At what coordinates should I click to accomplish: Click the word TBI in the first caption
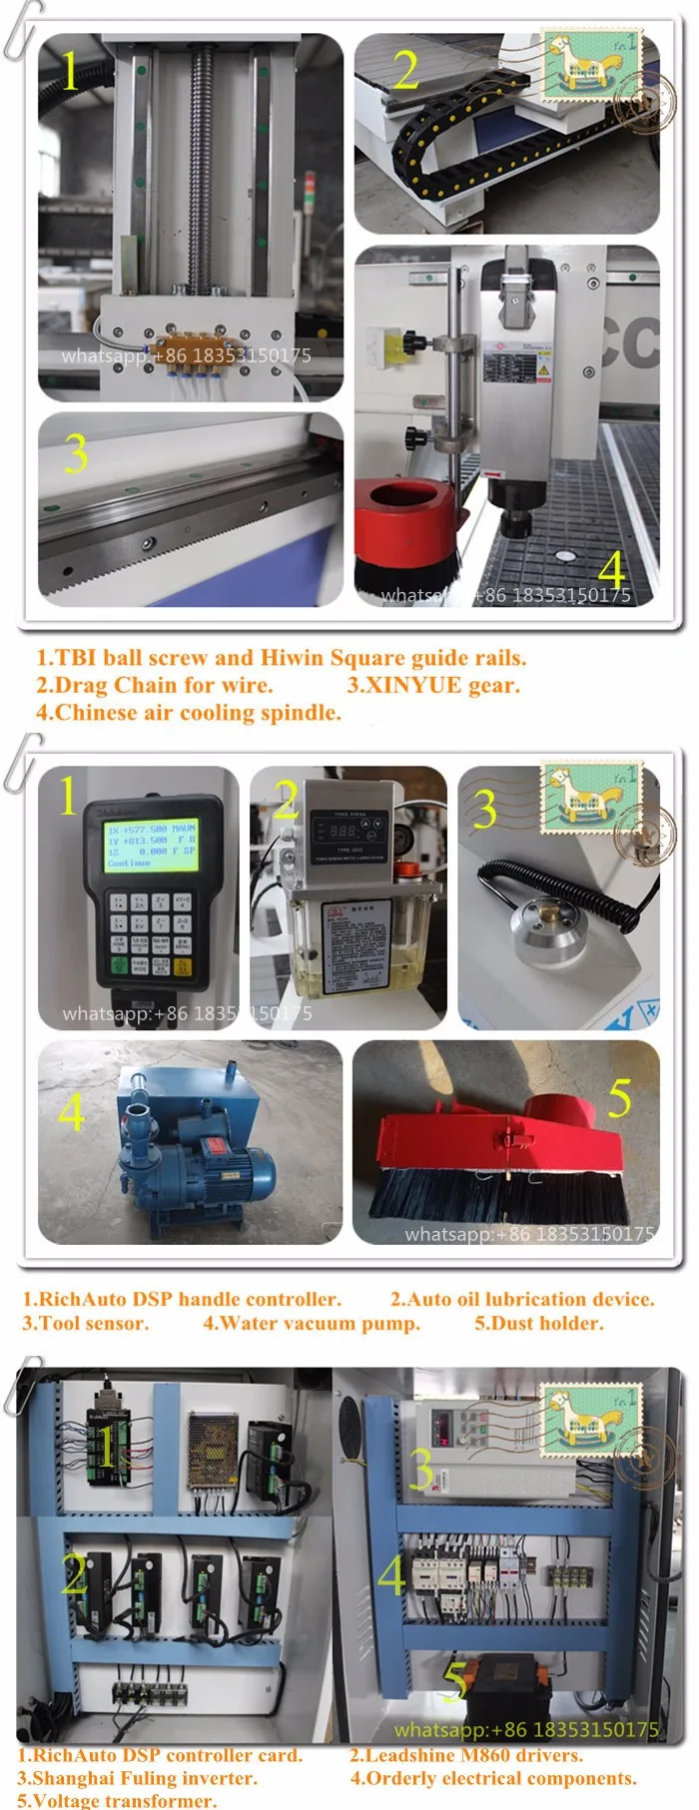(76, 658)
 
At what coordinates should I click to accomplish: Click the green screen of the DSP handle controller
(151, 846)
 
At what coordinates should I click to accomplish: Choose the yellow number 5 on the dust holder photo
(619, 1098)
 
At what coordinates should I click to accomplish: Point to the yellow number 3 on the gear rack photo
(76, 454)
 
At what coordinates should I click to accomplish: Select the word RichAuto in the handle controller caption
(83, 1299)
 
